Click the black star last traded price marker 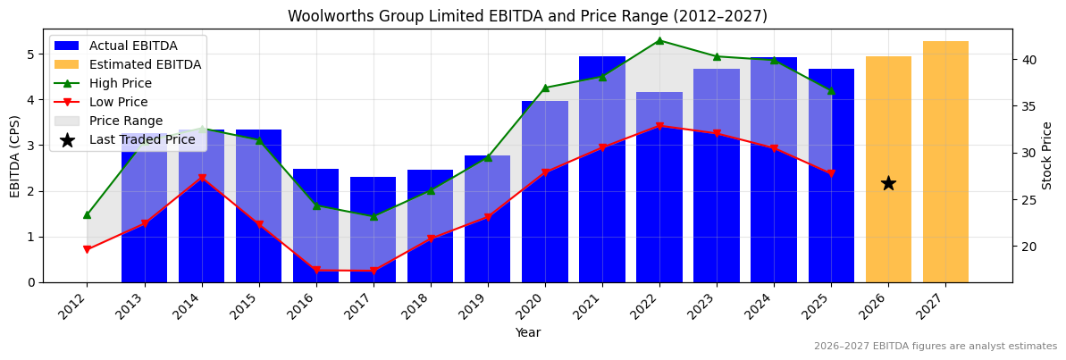(x=888, y=183)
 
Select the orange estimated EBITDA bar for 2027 (x=945, y=162)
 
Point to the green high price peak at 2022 (x=659, y=40)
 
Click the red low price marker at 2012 (x=87, y=250)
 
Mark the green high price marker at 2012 (x=87, y=214)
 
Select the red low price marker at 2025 (x=831, y=173)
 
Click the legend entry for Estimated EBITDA (x=145, y=64)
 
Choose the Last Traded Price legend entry (x=141, y=139)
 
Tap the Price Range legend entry (x=125, y=121)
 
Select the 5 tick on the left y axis (x=31, y=54)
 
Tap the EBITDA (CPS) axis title (x=15, y=156)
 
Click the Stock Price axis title (x=1048, y=155)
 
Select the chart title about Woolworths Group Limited (x=527, y=16)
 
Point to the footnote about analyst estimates (x=935, y=347)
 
